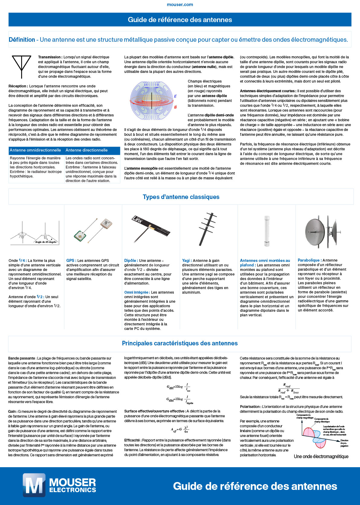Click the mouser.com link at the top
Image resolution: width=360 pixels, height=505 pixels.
180,5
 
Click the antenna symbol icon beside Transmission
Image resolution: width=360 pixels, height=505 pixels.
21,66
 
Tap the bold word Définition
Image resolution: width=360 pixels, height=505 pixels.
22,40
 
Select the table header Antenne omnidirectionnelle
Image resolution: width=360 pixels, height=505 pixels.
35,150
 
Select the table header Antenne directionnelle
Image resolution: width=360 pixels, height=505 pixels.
86,150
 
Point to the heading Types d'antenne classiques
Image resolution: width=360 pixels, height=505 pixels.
181,197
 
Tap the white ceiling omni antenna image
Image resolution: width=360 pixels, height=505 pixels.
267,231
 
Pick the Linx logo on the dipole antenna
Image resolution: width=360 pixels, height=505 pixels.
138,220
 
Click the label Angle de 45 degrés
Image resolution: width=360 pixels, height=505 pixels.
46,242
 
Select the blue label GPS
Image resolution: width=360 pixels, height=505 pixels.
70,260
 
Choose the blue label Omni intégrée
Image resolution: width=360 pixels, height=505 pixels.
136,292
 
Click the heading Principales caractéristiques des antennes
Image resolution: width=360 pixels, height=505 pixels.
180,343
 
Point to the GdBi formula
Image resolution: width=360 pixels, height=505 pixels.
179,387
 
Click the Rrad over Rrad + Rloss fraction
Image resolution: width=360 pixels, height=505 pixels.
288,389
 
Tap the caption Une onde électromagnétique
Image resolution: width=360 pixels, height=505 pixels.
321,457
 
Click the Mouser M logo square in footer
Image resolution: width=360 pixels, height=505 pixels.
34,485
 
